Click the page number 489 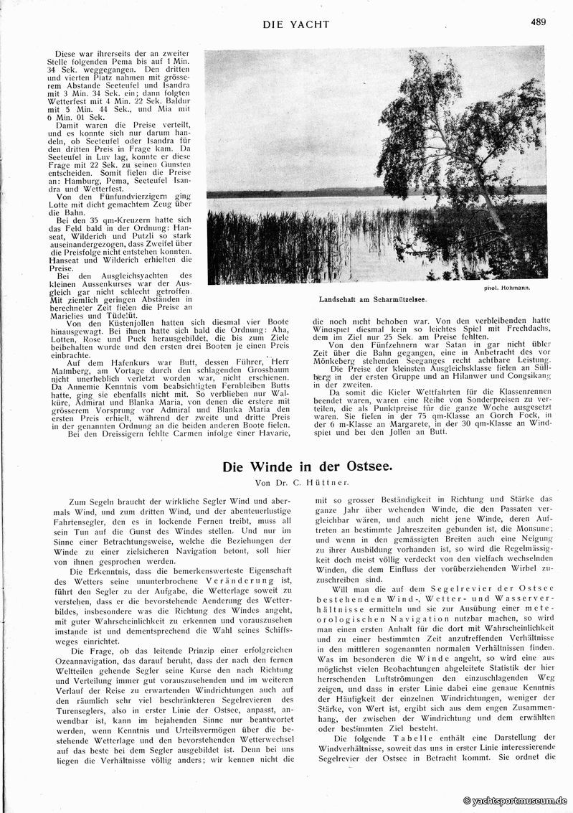[538, 22]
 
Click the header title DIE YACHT [295, 24]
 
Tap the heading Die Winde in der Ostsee [307, 466]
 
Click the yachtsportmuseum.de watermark [516, 800]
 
